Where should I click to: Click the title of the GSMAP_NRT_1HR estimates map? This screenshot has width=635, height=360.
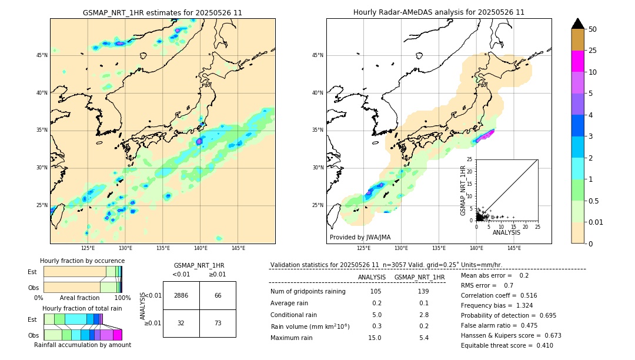tap(162, 12)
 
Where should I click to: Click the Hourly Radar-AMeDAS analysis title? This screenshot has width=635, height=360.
tap(439, 12)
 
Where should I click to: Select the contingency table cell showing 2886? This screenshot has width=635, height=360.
tap(181, 295)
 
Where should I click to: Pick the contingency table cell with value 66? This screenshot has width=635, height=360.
tap(218, 295)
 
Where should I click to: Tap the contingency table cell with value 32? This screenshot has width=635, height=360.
tap(181, 323)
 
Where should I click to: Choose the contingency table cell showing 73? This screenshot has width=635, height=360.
tap(218, 323)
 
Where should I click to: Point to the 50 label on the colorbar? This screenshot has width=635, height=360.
tap(593, 29)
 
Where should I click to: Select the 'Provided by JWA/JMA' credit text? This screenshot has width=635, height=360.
tap(360, 237)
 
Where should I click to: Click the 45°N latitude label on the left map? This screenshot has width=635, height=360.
tap(41, 55)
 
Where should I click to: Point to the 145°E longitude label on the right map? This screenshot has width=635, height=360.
tap(514, 248)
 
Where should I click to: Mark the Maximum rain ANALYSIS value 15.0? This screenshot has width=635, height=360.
tap(376, 338)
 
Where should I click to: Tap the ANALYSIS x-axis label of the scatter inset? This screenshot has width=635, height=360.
tap(506, 232)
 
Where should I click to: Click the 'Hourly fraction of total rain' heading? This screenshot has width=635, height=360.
tap(82, 308)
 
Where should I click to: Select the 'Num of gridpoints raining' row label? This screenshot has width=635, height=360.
tap(308, 292)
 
